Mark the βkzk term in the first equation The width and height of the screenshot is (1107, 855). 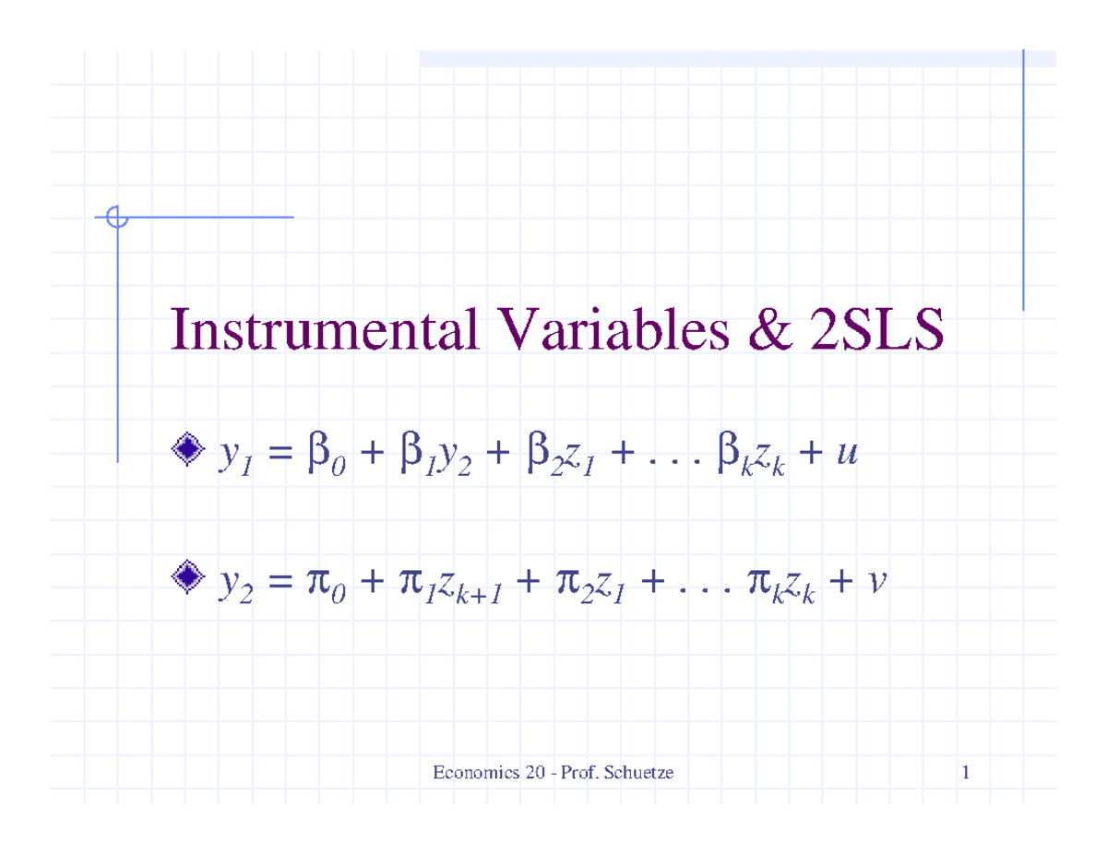(752, 453)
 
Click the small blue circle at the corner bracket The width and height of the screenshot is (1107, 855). (117, 218)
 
